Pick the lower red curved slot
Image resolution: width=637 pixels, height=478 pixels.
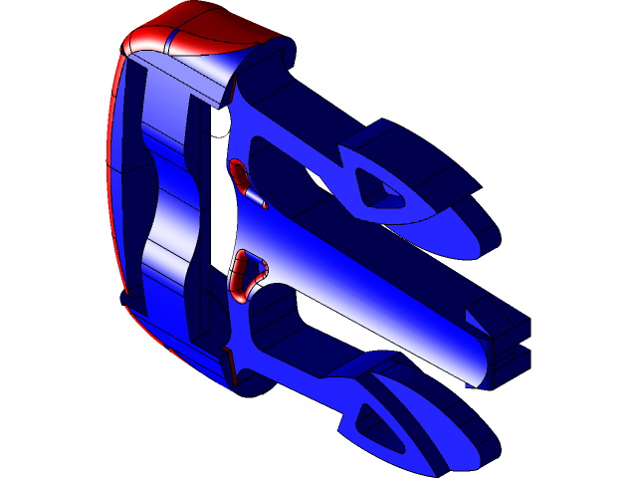241,276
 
